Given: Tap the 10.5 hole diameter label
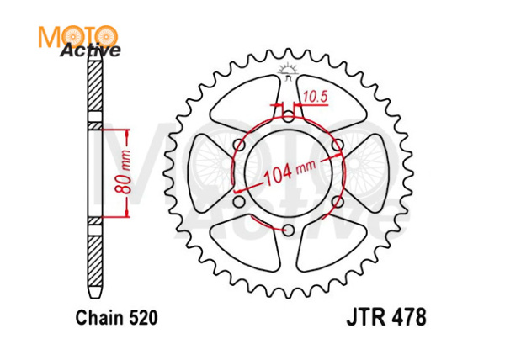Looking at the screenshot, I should pos(314,98).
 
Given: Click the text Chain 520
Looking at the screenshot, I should pos(116,319).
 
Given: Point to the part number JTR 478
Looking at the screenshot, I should pos(386,319).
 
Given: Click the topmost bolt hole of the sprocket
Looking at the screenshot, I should pos(288,117).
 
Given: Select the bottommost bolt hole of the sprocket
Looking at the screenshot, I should pos(288,230).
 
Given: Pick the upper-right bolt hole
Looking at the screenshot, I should pos(338,146).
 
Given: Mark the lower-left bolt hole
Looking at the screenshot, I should pos(238,203).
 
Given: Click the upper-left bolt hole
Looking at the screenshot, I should pos(238,146).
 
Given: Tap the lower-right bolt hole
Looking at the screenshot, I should pos(338,203).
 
